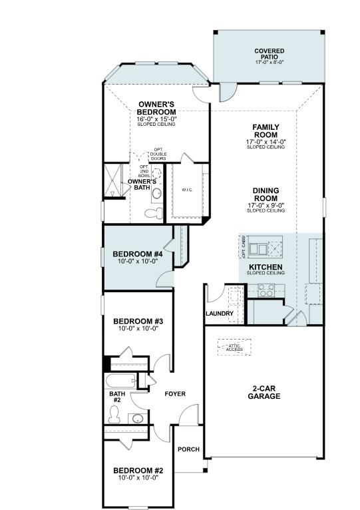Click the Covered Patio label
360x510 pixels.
tap(270, 55)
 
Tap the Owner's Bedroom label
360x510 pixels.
tap(156, 109)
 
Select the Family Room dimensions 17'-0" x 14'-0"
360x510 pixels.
tap(266, 141)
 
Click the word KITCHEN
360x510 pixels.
tap(266, 267)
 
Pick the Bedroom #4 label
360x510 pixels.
tap(138, 254)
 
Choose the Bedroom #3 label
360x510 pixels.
tap(138, 320)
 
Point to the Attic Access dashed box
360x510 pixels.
tap(234, 348)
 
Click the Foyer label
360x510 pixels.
tap(175, 393)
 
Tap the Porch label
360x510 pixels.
tap(188, 449)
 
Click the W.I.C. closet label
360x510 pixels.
tap(187, 190)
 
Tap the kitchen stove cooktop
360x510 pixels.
tap(267, 290)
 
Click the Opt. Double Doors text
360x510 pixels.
tap(158, 154)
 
